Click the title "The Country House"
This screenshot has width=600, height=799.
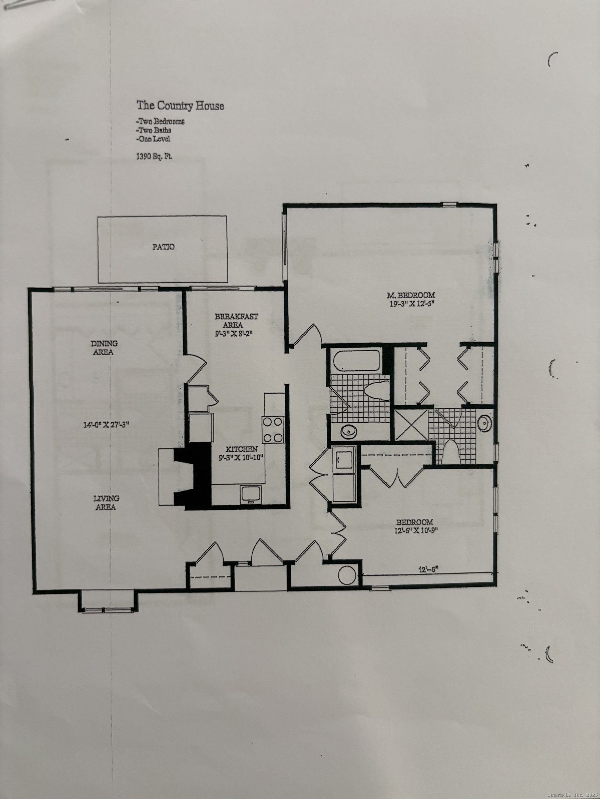point(180,106)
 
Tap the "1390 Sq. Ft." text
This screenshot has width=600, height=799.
point(154,157)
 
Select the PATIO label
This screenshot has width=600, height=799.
point(164,247)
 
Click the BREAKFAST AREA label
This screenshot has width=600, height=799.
point(236,320)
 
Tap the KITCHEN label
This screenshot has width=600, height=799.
point(242,449)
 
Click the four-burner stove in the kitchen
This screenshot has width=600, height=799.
point(273,429)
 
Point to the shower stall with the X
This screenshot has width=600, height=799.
point(411,424)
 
